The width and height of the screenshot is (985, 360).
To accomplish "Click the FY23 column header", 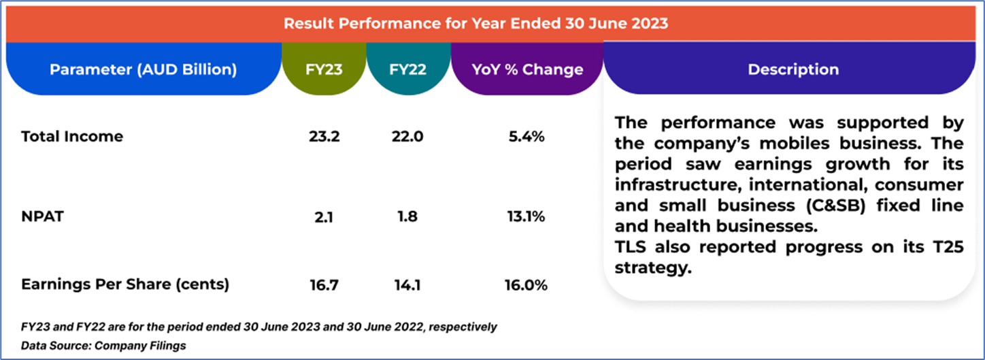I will [x=323, y=69].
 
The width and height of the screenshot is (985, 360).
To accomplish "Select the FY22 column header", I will [x=408, y=69].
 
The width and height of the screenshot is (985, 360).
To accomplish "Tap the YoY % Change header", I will [x=527, y=69].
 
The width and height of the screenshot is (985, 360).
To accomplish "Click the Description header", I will [x=793, y=69].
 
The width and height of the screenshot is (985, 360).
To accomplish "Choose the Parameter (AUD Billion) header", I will [x=143, y=69].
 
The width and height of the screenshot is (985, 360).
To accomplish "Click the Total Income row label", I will [x=72, y=136].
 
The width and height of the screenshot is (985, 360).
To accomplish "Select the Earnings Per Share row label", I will [x=125, y=285].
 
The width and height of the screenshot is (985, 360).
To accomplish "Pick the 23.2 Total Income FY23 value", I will [x=324, y=136].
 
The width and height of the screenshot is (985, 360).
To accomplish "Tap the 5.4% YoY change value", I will [x=528, y=136].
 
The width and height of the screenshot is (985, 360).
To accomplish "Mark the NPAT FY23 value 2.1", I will [x=323, y=217].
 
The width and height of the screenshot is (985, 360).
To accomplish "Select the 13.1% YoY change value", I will [x=528, y=217].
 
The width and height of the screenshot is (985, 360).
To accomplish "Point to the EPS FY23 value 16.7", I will [x=323, y=285].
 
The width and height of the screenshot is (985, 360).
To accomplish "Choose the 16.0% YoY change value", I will [x=528, y=285].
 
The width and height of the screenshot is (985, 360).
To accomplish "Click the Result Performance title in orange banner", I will [x=475, y=23].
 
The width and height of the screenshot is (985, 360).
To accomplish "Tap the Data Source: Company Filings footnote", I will [x=103, y=346].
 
